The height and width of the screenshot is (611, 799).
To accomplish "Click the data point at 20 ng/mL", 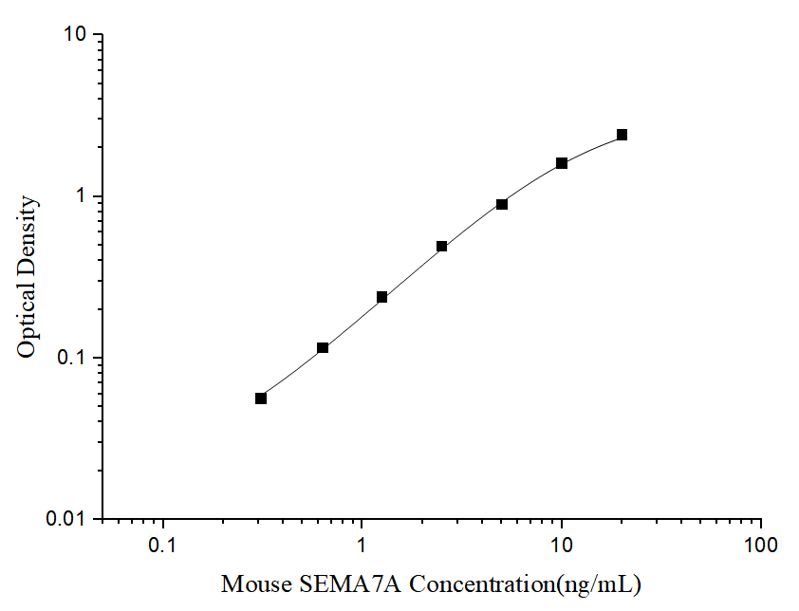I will (x=622, y=135).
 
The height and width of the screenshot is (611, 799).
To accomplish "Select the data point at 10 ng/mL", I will (x=562, y=163).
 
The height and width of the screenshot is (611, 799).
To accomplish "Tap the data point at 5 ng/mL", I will (x=502, y=204).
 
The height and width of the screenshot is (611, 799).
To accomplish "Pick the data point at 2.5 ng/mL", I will (x=442, y=246).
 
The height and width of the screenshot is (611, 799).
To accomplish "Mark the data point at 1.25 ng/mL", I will (x=381, y=297).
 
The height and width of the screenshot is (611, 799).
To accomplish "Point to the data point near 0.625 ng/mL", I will (x=323, y=348).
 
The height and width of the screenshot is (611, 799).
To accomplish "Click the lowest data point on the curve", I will (x=261, y=398).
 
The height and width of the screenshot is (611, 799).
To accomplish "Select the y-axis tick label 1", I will (x=81, y=196).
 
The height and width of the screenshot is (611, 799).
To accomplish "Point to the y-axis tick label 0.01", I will (x=66, y=520).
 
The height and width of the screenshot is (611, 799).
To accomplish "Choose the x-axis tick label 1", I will (x=362, y=546).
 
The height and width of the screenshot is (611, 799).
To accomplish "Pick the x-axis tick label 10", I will (x=562, y=546).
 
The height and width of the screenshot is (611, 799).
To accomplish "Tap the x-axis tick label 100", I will (x=761, y=546).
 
